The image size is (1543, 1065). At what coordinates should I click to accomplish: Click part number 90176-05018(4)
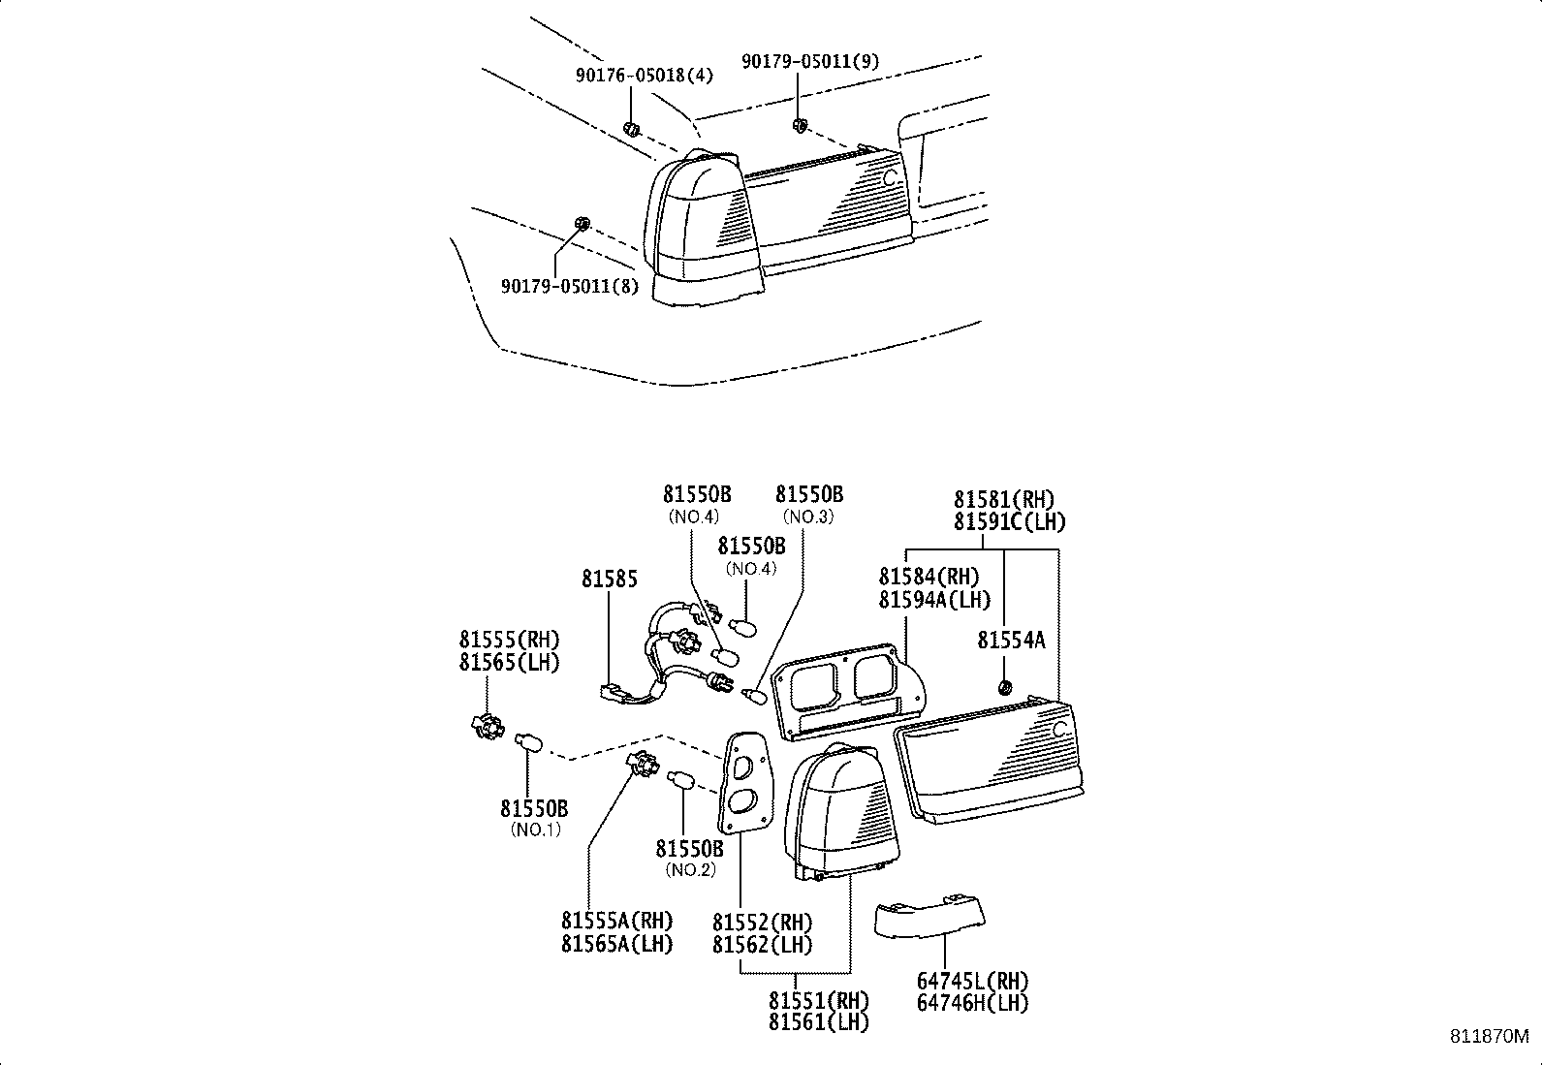pyautogui.click(x=644, y=75)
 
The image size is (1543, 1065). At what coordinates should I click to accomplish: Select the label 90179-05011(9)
pyautogui.click(x=810, y=61)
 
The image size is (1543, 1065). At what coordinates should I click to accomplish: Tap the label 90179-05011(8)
pyautogui.click(x=570, y=286)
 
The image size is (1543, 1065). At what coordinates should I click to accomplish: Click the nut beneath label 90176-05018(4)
pyautogui.click(x=631, y=128)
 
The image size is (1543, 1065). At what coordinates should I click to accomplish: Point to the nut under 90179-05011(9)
pyautogui.click(x=801, y=124)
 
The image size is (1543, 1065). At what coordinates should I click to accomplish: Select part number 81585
pyautogui.click(x=610, y=579)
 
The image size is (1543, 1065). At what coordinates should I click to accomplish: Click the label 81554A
pyautogui.click(x=1011, y=640)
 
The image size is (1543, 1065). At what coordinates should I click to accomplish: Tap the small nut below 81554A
pyautogui.click(x=1005, y=688)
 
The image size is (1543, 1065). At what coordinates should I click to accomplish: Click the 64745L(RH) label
pyautogui.click(x=972, y=982)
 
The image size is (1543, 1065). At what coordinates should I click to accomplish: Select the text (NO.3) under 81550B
pyautogui.click(x=808, y=517)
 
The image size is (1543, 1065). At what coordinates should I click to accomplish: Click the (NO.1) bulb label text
pyautogui.click(x=535, y=830)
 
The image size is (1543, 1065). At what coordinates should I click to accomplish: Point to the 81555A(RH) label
pyautogui.click(x=616, y=921)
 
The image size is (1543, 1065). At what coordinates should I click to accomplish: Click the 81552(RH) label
pyautogui.click(x=762, y=923)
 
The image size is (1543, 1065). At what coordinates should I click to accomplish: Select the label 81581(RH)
pyautogui.click(x=1003, y=500)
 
